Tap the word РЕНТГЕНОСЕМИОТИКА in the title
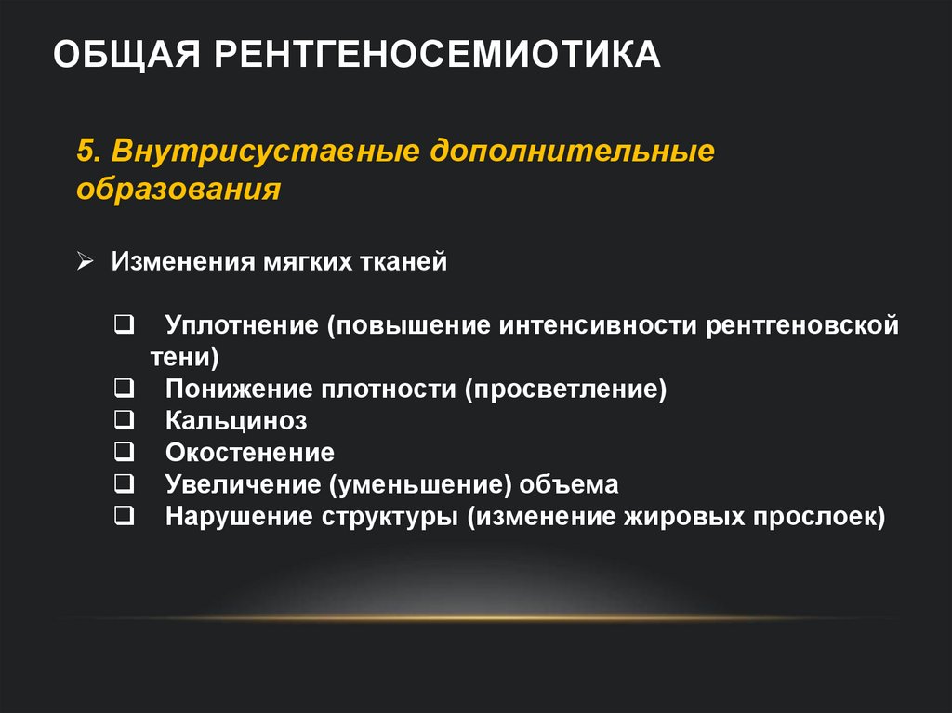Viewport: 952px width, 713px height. pyautogui.click(x=439, y=55)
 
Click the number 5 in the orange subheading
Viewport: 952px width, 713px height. pyautogui.click(x=84, y=151)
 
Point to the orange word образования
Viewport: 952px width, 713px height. pyautogui.click(x=178, y=189)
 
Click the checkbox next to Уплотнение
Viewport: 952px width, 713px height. pyautogui.click(x=124, y=325)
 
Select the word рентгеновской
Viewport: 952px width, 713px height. pyautogui.click(x=802, y=326)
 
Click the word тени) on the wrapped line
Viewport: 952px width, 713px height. pyautogui.click(x=185, y=357)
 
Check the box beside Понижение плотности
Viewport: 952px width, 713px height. pyautogui.click(x=124, y=388)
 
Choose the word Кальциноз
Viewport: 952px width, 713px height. pyautogui.click(x=236, y=421)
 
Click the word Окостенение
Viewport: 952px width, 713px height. pyautogui.click(x=250, y=453)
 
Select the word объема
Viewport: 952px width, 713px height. pyautogui.click(x=569, y=484)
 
